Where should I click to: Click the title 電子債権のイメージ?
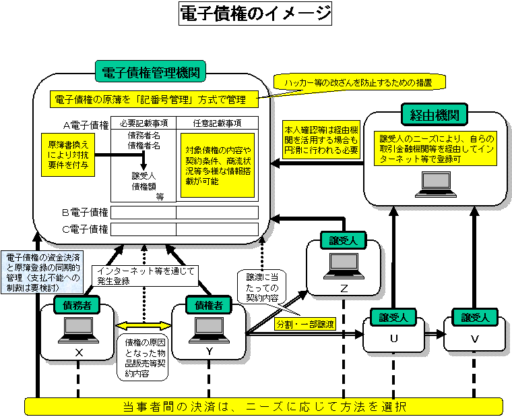256,13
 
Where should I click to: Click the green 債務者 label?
77,305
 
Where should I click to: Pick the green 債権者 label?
209,305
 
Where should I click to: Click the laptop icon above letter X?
77,329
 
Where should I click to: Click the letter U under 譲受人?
394,339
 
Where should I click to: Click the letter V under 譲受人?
475,339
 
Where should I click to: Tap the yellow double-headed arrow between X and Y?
144,325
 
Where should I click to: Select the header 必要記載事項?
143,123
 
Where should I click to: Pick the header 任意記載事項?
217,123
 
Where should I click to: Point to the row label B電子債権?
85,213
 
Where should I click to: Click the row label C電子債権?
85,229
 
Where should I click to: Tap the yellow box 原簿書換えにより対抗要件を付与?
67,155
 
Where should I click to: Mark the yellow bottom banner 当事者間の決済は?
264,407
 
